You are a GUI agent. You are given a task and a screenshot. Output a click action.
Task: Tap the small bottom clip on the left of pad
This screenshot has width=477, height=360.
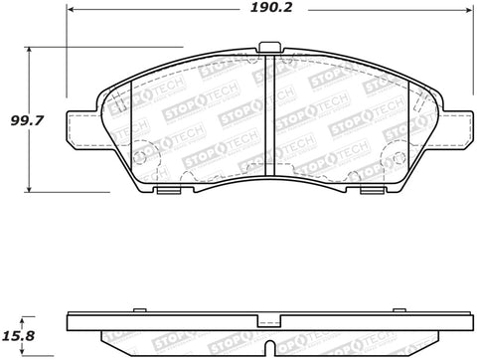[170, 190]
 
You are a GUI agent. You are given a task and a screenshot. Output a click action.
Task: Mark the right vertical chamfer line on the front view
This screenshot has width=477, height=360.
[408, 129]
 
